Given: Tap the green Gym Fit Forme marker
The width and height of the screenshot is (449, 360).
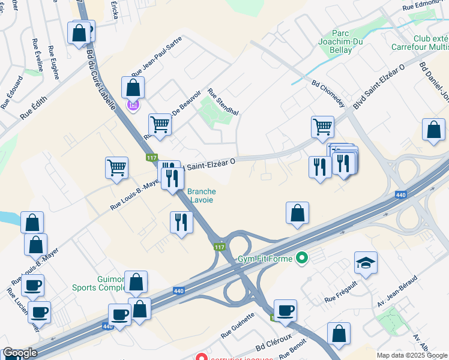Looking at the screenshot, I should point(303,259).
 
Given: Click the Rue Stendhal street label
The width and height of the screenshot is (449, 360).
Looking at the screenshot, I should point(223,102).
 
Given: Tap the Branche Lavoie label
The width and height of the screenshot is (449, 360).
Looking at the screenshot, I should point(202,196).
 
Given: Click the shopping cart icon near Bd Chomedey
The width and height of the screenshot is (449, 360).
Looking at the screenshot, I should point(322,127).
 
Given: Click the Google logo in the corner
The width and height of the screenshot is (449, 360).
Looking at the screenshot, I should point(20,353).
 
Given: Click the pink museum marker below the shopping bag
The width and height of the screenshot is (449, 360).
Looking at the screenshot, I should point(133,106).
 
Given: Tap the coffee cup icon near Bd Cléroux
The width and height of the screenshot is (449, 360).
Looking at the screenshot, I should point(286,310).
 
